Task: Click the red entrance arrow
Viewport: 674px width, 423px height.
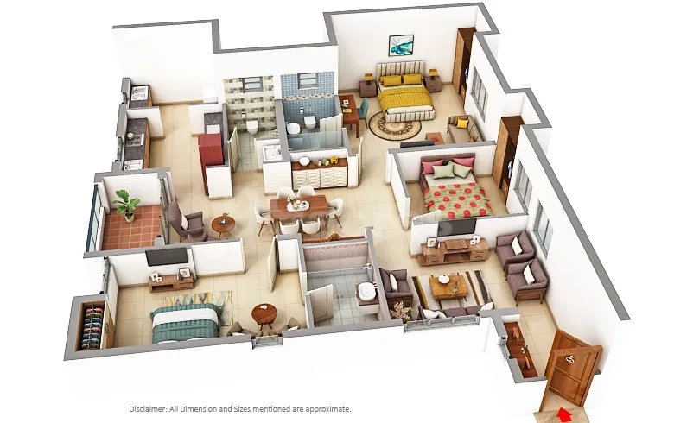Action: (564, 415)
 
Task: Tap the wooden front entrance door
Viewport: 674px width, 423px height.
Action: (572, 369)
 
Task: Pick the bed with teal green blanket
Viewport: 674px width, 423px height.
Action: (186, 322)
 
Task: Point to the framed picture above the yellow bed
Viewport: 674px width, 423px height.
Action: (401, 46)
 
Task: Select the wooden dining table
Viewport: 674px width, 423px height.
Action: (299, 207)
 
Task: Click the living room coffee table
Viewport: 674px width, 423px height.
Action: (448, 287)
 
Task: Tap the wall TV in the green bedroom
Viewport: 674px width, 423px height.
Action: (167, 256)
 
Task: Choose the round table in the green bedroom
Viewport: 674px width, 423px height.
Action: (264, 315)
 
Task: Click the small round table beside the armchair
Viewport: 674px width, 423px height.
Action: (223, 225)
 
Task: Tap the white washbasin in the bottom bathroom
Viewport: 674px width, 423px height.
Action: (366, 292)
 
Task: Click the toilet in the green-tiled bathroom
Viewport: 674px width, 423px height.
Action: (251, 127)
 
